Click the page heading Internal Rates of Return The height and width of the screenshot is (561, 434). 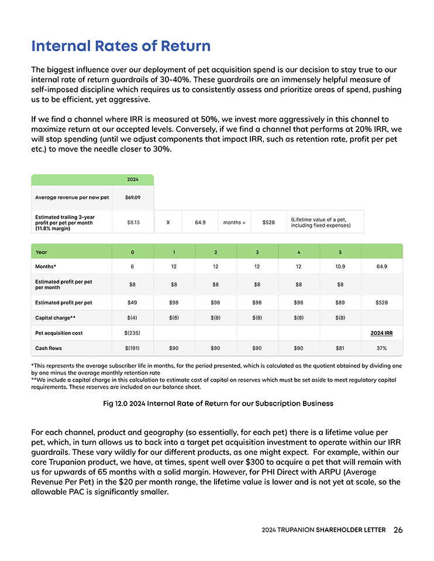(x=120, y=46)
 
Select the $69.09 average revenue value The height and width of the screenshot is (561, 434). (x=133, y=198)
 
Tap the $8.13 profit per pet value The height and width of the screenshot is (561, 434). (x=133, y=222)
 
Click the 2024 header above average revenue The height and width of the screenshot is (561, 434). (x=133, y=179)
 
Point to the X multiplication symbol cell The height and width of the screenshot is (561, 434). (x=168, y=222)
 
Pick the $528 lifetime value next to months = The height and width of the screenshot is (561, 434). (x=268, y=222)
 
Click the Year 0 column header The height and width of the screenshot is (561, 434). (x=132, y=252)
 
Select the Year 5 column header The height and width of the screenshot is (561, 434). (x=340, y=252)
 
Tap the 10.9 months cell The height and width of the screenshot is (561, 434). (x=340, y=266)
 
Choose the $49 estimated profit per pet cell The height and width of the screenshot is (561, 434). (x=132, y=303)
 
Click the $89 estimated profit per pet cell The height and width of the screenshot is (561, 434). (x=340, y=303)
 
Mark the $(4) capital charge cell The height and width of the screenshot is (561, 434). (x=132, y=318)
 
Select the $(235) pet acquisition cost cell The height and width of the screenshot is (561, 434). (x=132, y=333)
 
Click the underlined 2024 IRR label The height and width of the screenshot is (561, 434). (x=382, y=333)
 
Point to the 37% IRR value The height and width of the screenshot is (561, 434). (x=382, y=348)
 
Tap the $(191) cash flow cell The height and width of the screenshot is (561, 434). (x=132, y=348)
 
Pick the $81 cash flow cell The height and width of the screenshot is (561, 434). (x=340, y=348)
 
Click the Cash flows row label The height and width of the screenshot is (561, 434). (x=49, y=348)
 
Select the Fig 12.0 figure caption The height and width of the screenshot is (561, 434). (x=217, y=403)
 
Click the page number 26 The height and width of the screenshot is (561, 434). (x=398, y=530)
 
